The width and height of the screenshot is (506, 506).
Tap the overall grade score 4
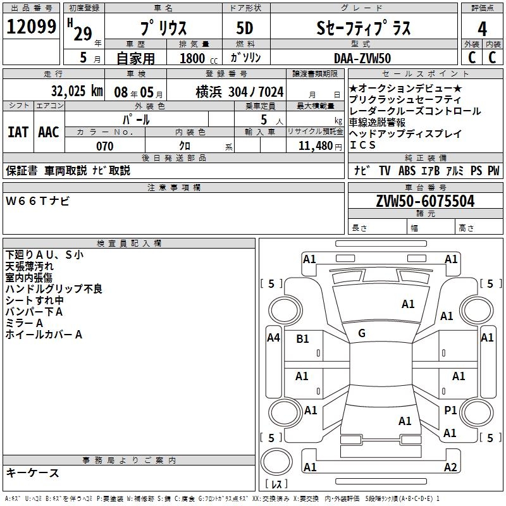(x=482, y=28)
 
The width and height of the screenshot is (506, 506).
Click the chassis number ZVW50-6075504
(x=425, y=202)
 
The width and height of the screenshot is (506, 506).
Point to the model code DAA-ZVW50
(x=362, y=58)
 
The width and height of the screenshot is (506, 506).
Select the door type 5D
(x=244, y=28)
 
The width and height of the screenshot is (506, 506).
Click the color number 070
(x=104, y=146)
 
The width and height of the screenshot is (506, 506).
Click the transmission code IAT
(x=18, y=132)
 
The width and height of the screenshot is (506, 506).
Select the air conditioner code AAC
(x=48, y=132)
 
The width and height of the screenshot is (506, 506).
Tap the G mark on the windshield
(x=362, y=333)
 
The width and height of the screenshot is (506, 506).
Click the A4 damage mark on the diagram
(x=273, y=338)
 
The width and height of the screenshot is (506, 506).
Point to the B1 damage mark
(x=302, y=339)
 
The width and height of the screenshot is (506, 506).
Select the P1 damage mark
(x=450, y=410)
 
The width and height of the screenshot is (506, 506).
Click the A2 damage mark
(x=450, y=467)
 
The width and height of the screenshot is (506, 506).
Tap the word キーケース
(x=32, y=473)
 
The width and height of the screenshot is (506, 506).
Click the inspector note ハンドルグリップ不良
(x=54, y=289)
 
